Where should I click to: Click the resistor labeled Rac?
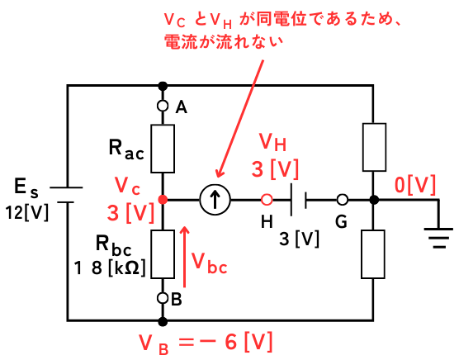(x=163, y=149)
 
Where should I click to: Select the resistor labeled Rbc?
(x=163, y=254)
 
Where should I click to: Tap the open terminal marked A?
(x=163, y=106)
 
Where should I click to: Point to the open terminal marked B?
(x=163, y=298)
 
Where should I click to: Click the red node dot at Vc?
(x=163, y=200)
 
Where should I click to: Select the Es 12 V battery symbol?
(x=66, y=195)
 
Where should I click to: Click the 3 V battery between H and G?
(x=298, y=200)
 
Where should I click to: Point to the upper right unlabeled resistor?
(x=374, y=147)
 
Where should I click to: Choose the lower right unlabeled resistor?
(x=373, y=254)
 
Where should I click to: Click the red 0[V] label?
(x=415, y=185)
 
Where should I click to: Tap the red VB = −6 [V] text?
(x=206, y=343)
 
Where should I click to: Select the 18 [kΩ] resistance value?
(x=110, y=268)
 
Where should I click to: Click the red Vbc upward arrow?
(x=184, y=257)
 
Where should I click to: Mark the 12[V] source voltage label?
(x=27, y=212)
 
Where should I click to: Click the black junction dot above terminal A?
(x=163, y=87)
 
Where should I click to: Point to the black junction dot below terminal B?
(x=163, y=321)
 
